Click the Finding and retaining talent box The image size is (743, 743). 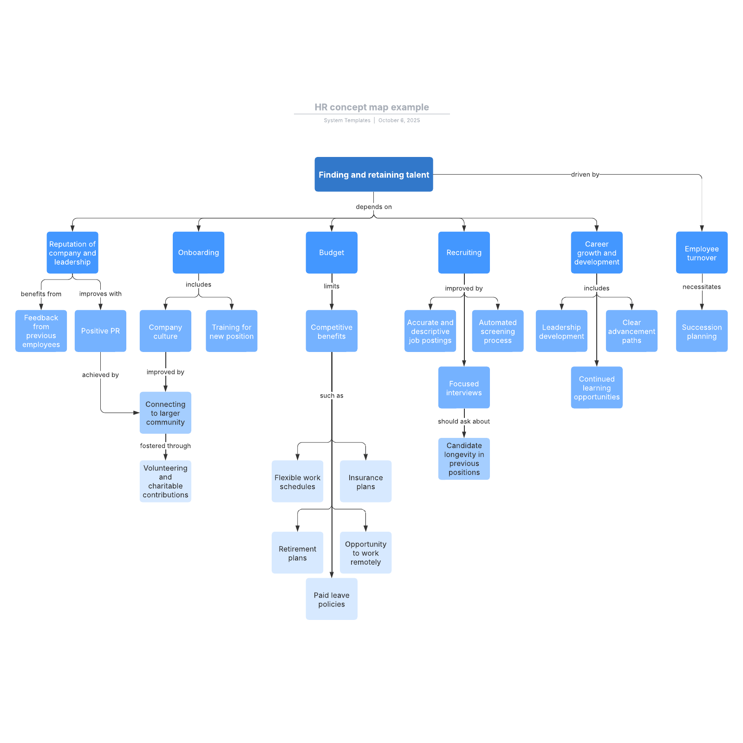(x=373, y=175)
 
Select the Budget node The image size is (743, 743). (x=332, y=253)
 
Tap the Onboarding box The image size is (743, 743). (x=198, y=253)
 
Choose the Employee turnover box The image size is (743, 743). (x=701, y=253)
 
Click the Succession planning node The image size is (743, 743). (x=701, y=332)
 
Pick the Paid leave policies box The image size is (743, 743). (x=332, y=599)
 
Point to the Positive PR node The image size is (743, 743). (x=100, y=331)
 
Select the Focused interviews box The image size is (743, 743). (x=463, y=388)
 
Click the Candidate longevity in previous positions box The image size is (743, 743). (x=463, y=459)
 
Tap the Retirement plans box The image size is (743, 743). (x=297, y=553)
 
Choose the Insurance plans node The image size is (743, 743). (x=365, y=482)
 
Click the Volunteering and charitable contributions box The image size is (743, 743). (x=165, y=481)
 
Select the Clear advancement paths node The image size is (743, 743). (x=631, y=331)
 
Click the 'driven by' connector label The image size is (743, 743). (x=585, y=175)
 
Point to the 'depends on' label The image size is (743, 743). (x=373, y=207)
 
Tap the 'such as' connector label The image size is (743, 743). (x=332, y=396)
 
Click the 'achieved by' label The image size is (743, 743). (x=100, y=375)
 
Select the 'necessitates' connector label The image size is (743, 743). (x=701, y=287)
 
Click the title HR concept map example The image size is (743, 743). (x=371, y=107)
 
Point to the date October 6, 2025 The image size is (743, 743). (x=399, y=120)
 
